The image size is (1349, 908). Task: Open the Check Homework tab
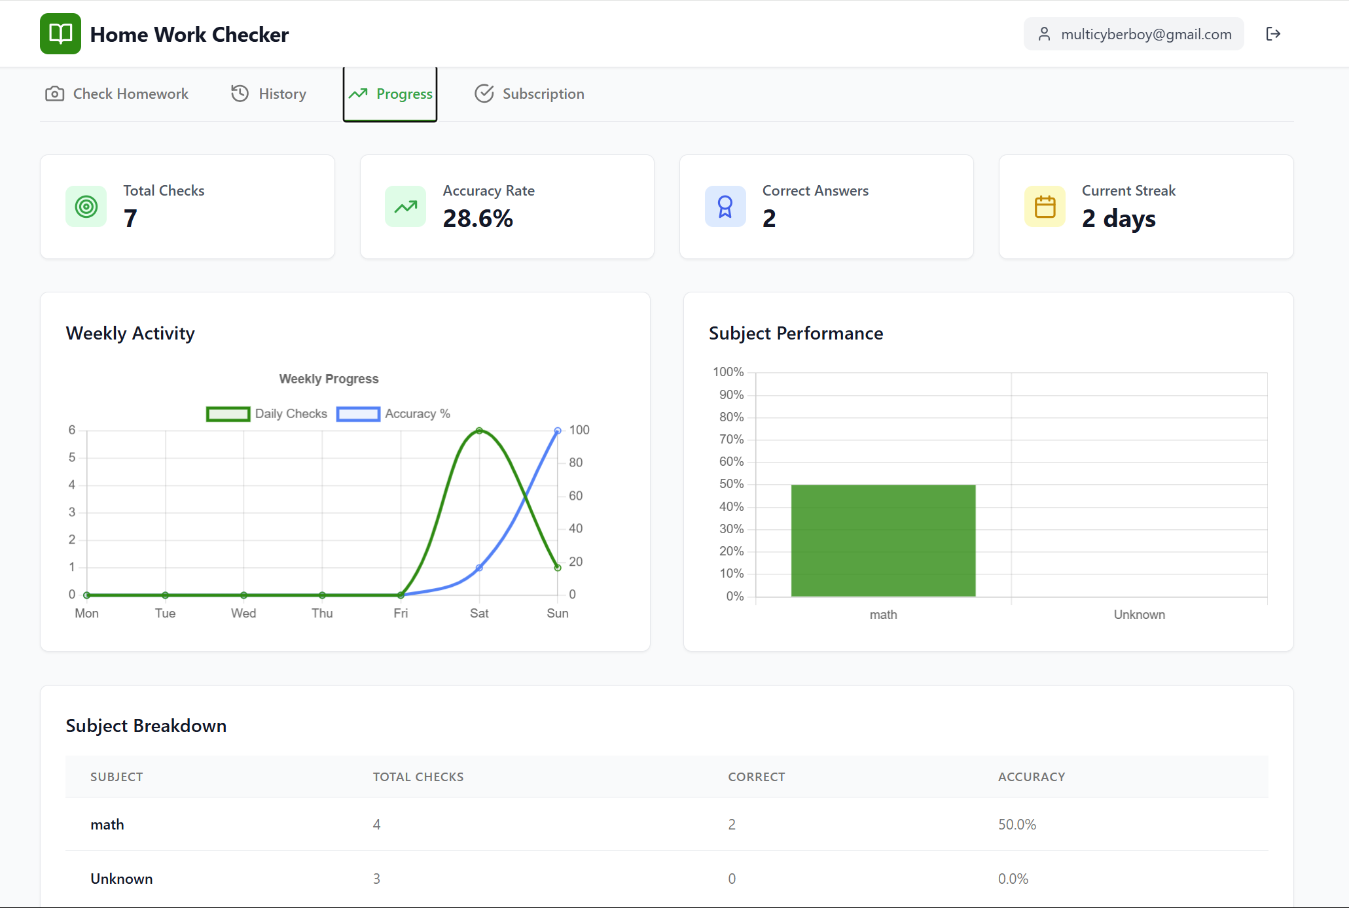tap(117, 94)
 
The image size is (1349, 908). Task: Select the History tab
tap(268, 94)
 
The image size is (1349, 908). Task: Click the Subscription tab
tap(529, 94)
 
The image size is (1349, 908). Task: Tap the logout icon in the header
tap(1272, 34)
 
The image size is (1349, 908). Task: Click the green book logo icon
tap(60, 34)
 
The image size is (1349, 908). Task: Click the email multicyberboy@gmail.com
tap(1145, 34)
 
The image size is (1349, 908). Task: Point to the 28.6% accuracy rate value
tap(478, 218)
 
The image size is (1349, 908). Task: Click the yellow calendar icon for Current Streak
tap(1045, 207)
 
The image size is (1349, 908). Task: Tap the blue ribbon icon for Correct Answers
tap(725, 207)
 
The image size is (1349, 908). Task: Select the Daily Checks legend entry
tap(267, 413)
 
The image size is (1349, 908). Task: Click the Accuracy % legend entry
tap(394, 413)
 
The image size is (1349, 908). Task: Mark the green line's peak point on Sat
tap(479, 430)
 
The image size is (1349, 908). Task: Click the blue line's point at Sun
tap(558, 430)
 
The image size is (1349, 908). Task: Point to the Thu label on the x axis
tap(322, 613)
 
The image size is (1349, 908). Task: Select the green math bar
tap(883, 540)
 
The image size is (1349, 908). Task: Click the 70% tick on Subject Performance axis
tap(731, 439)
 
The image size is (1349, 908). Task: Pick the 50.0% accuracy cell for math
tap(1016, 824)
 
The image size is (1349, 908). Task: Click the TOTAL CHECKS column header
tap(418, 777)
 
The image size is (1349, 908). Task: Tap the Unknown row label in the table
tap(122, 879)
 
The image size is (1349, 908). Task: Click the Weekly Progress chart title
tap(329, 379)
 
